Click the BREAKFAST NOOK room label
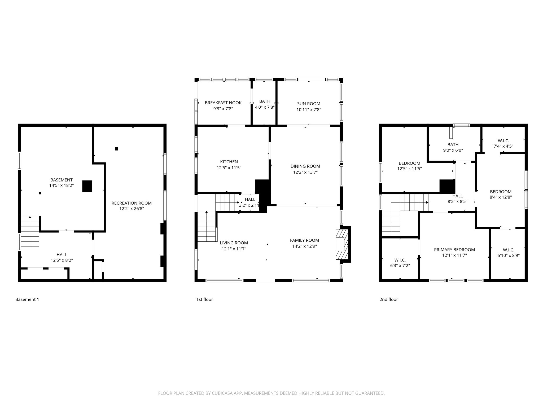coord(223,103)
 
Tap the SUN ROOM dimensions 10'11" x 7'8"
coord(309,109)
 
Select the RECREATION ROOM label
coord(132,203)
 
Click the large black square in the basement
coord(87,186)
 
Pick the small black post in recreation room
coord(116,149)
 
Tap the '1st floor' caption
coord(204,299)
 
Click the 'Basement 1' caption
coord(27,299)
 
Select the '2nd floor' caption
coord(388,299)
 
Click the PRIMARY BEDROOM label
coord(454,250)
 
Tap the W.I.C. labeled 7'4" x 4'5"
coord(503,143)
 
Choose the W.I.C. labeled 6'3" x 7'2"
coord(400,263)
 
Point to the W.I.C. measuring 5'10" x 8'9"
coord(508,253)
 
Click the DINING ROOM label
coord(305,166)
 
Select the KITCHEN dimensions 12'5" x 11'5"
coord(229,168)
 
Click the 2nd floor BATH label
coord(453,145)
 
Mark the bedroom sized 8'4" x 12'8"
coord(501,194)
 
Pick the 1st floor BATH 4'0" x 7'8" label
coord(265,104)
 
